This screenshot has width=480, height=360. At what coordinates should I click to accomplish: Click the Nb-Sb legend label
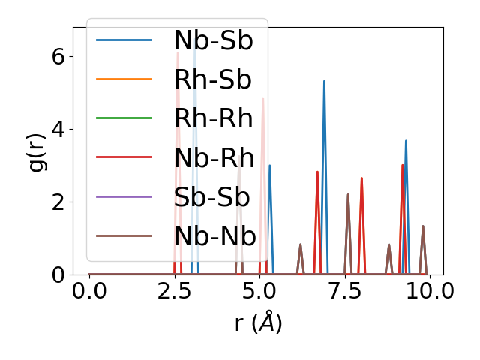tap(213, 41)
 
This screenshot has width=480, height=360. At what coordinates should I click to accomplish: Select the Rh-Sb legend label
tap(213, 80)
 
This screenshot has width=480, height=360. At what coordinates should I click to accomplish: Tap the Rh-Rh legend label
tap(213, 119)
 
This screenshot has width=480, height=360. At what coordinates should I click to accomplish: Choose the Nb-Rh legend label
tap(213, 158)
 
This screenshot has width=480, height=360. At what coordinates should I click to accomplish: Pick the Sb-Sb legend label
tap(213, 197)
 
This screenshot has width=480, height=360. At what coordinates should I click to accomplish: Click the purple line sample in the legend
tap(124, 197)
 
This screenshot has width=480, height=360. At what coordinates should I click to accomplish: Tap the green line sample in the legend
tap(124, 119)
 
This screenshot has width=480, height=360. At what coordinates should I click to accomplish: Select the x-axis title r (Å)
tap(258, 323)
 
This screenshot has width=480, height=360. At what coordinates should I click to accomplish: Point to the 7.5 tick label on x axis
tap(344, 291)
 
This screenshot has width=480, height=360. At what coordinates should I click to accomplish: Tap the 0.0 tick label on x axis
tap(89, 291)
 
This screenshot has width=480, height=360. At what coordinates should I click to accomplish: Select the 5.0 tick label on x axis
tap(259, 291)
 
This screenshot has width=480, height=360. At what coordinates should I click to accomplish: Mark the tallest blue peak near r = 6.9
tap(324, 81)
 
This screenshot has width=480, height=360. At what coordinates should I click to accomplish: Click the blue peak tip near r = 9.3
tap(406, 141)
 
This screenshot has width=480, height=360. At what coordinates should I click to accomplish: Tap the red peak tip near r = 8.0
tap(361, 178)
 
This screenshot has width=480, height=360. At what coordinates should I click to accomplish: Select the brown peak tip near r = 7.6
tap(348, 194)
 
